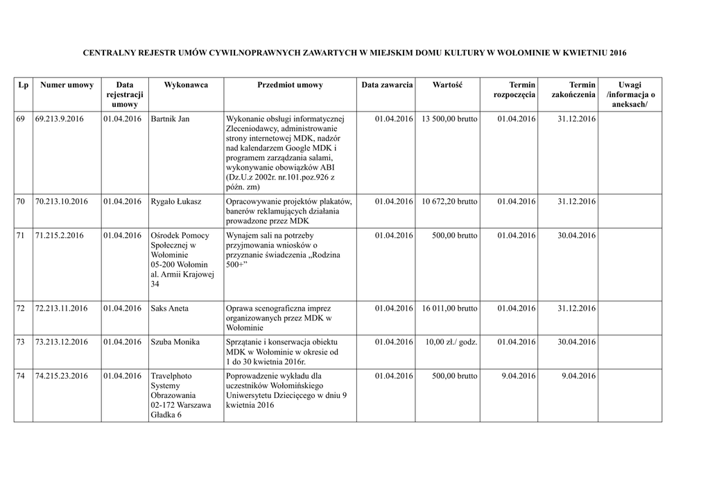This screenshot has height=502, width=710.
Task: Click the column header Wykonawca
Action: click(185, 85)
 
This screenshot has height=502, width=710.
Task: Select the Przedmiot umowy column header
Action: click(289, 85)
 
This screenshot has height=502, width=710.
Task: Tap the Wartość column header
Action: click(447, 85)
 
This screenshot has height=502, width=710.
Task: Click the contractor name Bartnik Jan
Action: click(170, 119)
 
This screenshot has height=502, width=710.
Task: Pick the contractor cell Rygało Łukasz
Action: click(176, 202)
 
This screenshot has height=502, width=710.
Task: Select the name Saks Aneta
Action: click(169, 309)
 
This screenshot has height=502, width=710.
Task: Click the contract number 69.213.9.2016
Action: click(59, 119)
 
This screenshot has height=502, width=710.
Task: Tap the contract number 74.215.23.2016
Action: click(61, 376)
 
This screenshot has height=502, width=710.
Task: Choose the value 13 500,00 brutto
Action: click(449, 119)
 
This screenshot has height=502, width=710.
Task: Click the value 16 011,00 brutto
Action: click(449, 309)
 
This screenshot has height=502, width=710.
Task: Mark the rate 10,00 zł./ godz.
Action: click(451, 343)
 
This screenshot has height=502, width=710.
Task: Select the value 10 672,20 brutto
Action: click(449, 202)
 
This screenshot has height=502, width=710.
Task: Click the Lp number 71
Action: click(21, 236)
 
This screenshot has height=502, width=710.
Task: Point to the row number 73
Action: click(21, 343)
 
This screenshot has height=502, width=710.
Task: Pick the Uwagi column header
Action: click(630, 85)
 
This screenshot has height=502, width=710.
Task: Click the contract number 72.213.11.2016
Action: click(61, 309)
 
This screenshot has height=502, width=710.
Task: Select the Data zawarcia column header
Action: click(387, 85)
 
